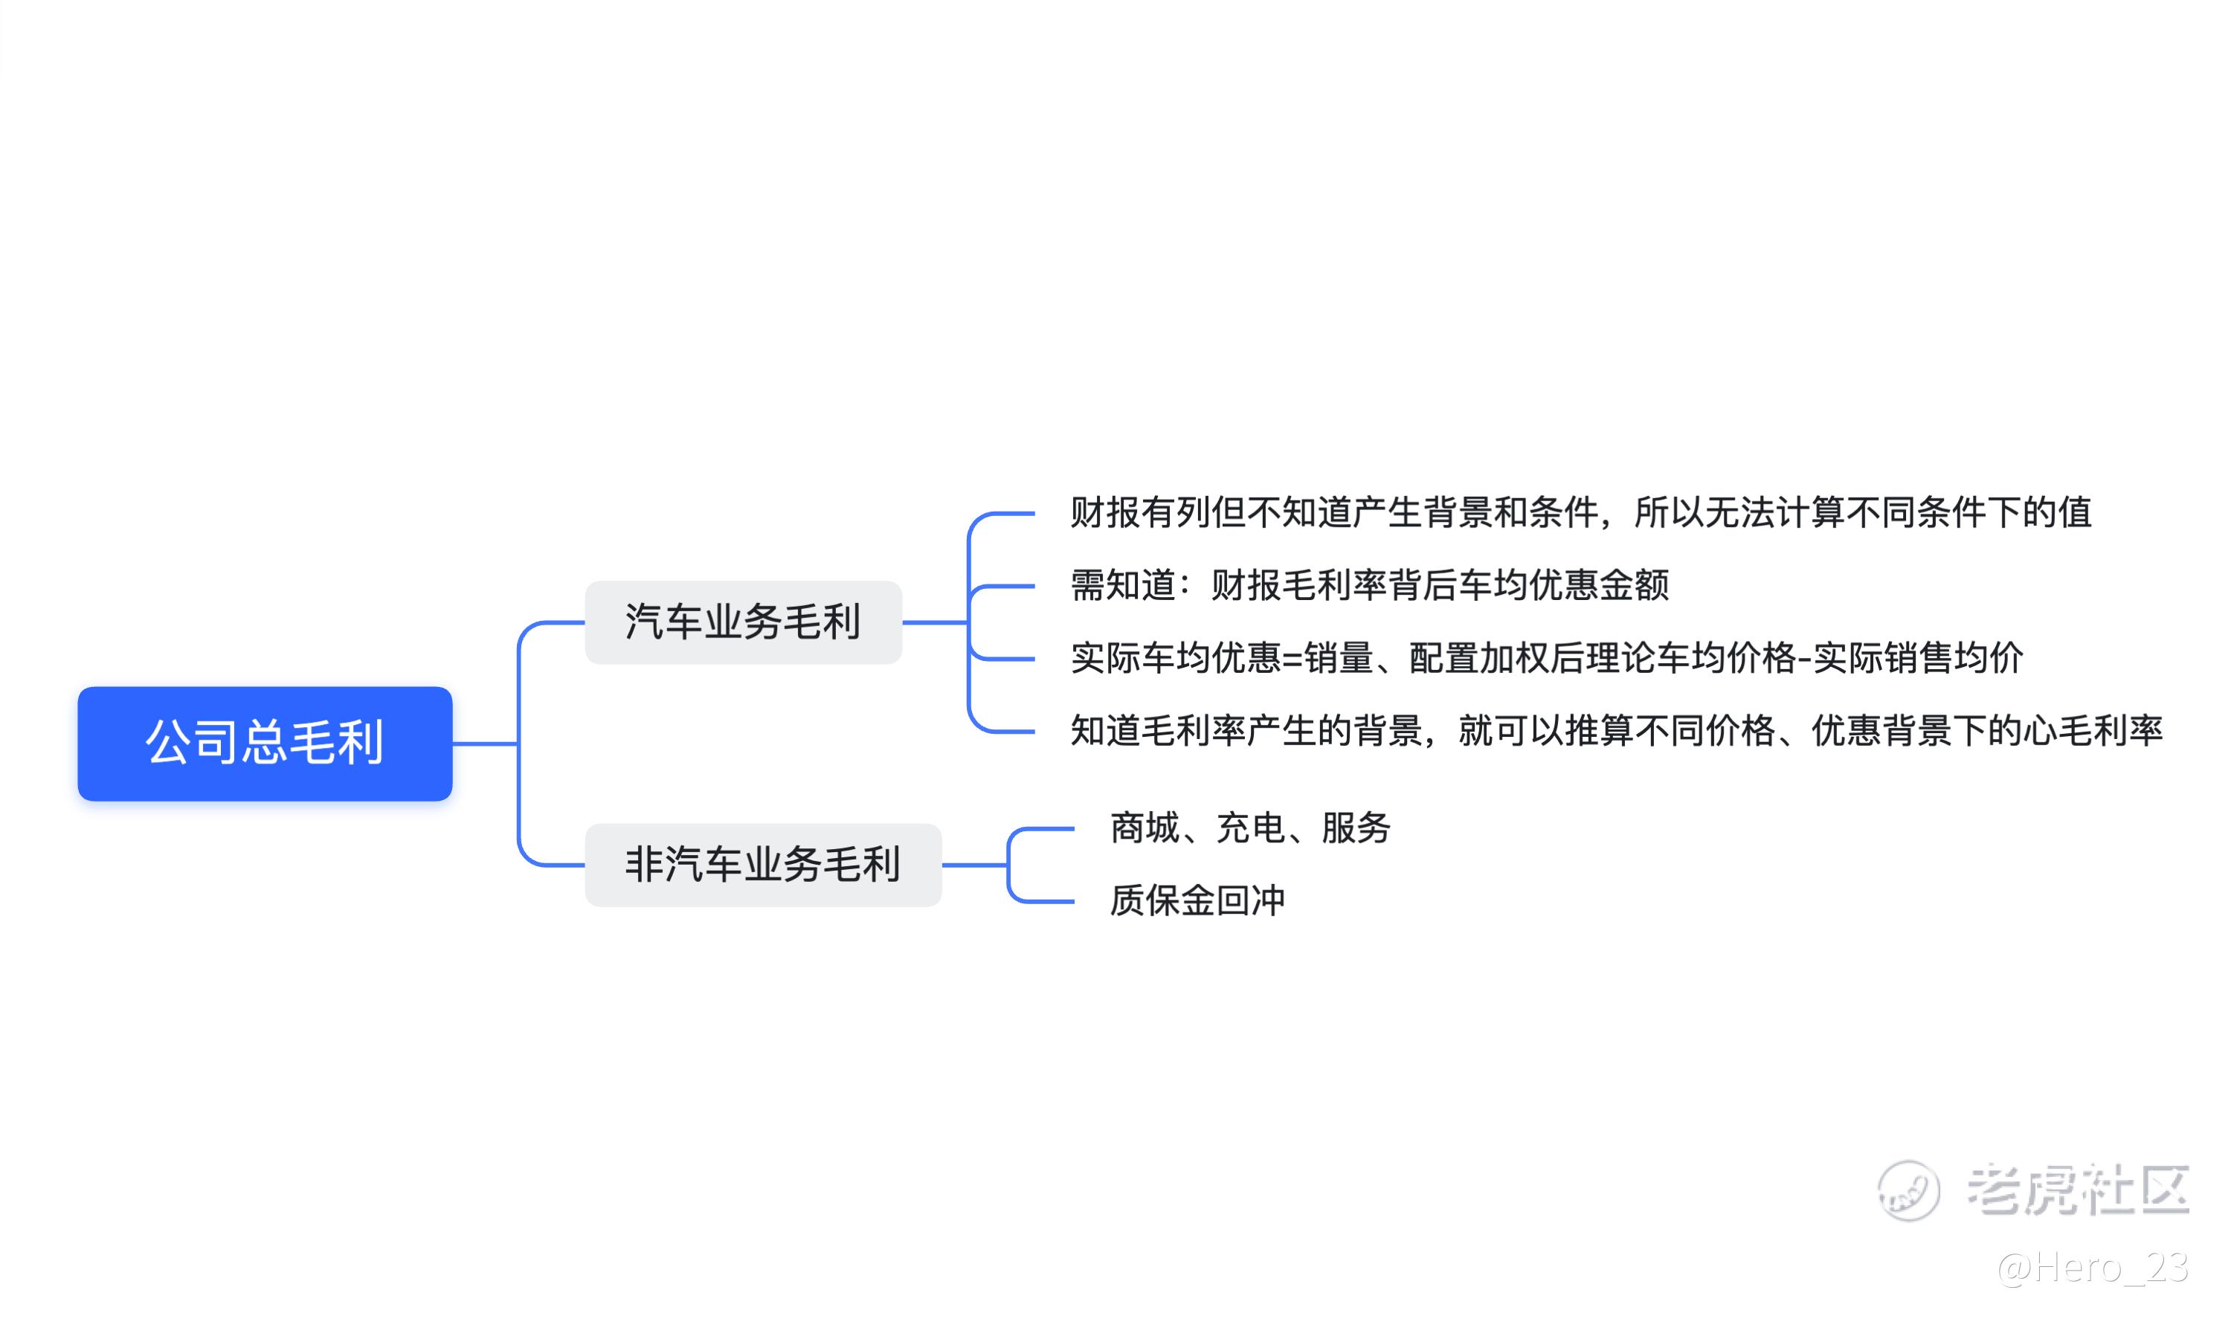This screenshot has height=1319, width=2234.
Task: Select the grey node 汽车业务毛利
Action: tap(743, 622)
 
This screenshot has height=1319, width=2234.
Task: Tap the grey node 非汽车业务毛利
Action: tap(763, 865)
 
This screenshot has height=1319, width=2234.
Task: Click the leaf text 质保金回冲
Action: tap(1197, 901)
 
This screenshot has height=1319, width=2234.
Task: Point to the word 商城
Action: tap(1145, 828)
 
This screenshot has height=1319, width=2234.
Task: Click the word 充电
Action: tap(1251, 828)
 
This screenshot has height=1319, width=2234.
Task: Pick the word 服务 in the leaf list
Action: tap(1356, 828)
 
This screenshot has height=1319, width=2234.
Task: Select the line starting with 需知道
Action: tap(1370, 586)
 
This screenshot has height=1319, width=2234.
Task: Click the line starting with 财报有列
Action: tap(1580, 513)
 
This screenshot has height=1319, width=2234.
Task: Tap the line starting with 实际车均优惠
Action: tap(1547, 659)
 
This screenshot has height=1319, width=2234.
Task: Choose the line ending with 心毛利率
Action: tap(1616, 732)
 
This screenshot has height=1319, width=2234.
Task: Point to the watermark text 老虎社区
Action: tap(2078, 1190)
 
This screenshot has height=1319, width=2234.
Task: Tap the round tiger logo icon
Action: tap(1908, 1191)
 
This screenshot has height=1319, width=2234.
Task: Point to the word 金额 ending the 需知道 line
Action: tap(1635, 586)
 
